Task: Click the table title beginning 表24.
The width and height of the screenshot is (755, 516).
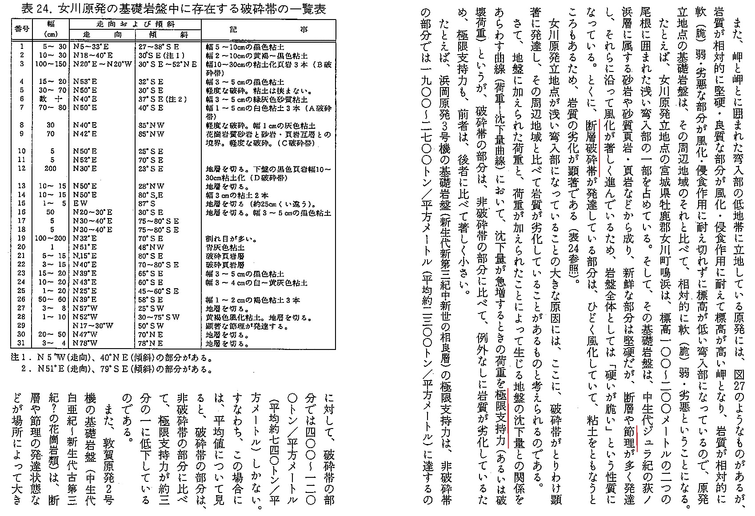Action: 169,9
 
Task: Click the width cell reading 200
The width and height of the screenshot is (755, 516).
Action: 51,169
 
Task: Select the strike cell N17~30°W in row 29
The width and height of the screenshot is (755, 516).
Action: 92,325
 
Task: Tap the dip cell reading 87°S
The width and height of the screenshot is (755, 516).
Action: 147,204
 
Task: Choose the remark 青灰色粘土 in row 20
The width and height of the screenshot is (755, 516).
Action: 225,247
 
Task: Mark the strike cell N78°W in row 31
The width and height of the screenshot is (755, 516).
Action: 85,343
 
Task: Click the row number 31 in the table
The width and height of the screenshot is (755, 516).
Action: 21,343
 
